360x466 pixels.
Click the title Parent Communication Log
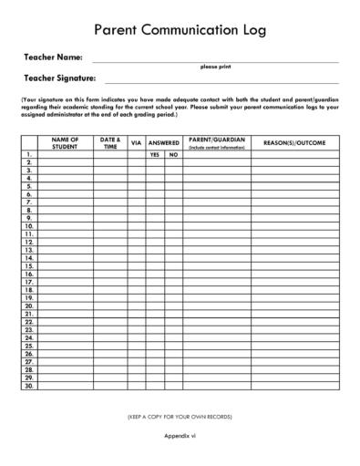(x=180, y=30)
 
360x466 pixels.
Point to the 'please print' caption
(x=215, y=67)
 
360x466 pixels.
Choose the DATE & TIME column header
(x=110, y=143)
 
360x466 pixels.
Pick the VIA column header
(x=137, y=143)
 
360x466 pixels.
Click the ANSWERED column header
(x=164, y=143)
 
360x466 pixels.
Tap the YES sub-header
(x=155, y=155)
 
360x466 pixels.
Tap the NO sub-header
(x=173, y=155)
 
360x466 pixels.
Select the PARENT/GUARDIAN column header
(x=217, y=143)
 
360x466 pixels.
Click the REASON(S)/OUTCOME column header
(x=294, y=143)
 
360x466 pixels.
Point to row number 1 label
(x=29, y=155)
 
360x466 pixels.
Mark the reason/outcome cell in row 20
(x=294, y=305)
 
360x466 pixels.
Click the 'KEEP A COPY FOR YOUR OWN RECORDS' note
(x=180, y=417)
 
